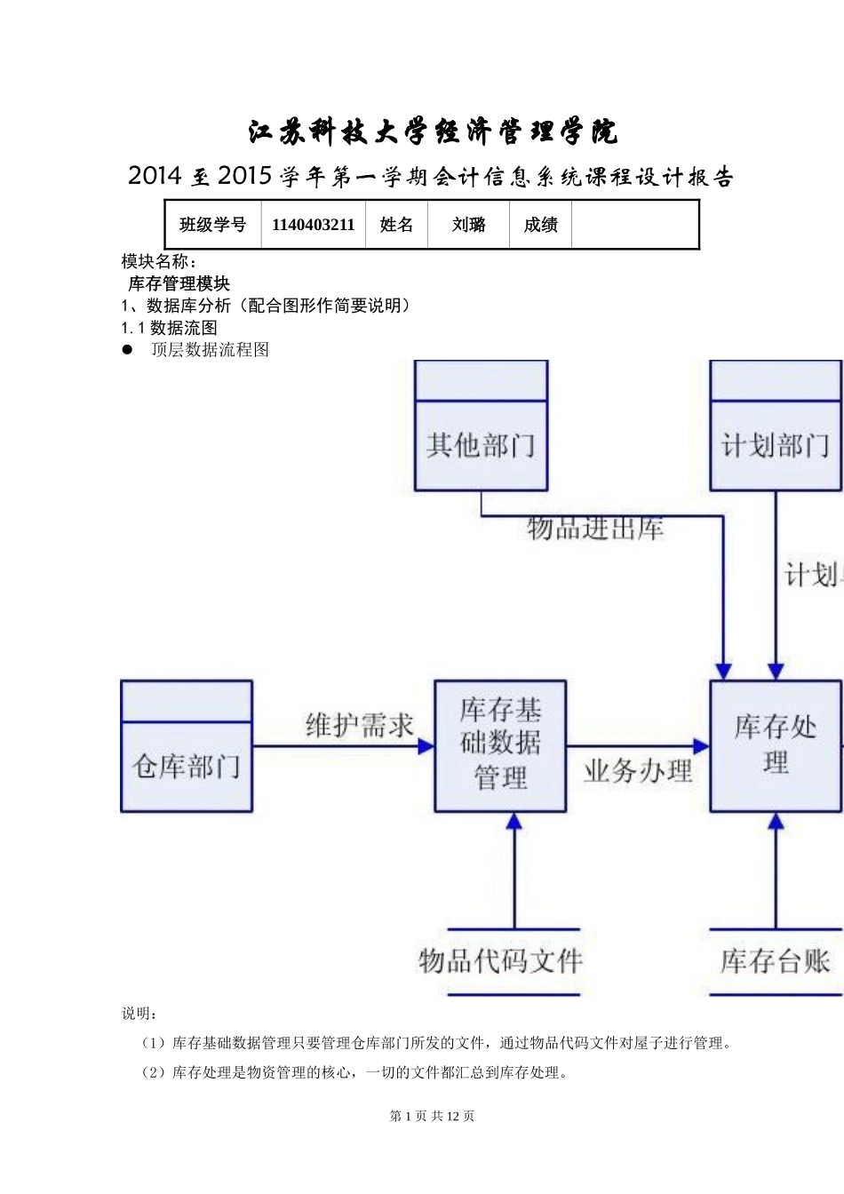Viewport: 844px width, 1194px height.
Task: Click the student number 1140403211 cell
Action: point(313,225)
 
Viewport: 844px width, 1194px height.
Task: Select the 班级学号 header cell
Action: point(213,225)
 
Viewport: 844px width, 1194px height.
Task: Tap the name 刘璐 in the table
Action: point(468,225)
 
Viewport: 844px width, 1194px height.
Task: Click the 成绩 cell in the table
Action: point(540,225)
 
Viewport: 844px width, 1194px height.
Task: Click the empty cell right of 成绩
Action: point(634,225)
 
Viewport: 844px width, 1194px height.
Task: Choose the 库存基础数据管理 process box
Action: point(500,745)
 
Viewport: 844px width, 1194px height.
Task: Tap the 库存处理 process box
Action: point(776,745)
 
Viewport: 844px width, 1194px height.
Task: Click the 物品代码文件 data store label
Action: point(500,960)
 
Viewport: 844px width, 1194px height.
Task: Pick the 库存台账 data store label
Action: point(776,960)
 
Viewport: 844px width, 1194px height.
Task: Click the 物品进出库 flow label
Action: point(595,529)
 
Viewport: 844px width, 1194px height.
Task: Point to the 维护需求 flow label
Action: point(360,725)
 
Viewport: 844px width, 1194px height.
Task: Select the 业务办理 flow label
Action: point(638,770)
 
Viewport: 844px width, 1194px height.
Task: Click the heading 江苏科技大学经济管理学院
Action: point(433,132)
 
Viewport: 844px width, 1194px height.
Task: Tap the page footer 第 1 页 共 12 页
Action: point(432,1116)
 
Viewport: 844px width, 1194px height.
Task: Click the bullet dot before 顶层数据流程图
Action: point(127,349)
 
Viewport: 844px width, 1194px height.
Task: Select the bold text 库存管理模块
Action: point(179,283)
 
